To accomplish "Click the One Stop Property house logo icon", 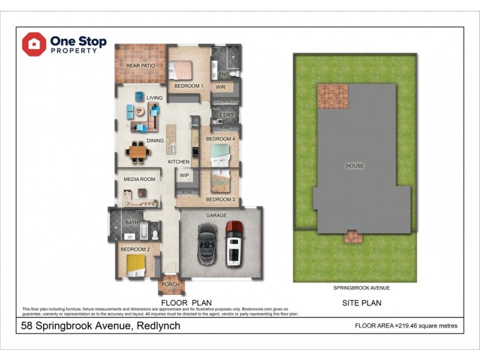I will click(34, 44).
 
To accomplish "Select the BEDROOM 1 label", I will click(188, 86).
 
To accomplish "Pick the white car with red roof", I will click(234, 244).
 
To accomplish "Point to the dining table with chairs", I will click(139, 152).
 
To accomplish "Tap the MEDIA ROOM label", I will click(139, 179).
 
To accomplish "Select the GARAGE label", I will click(217, 215).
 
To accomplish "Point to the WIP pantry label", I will click(184, 176).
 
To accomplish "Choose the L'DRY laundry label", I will click(226, 115).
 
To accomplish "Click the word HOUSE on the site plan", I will click(355, 166).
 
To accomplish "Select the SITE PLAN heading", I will click(362, 303).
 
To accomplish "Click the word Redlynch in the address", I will click(158, 326).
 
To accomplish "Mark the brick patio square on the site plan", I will click(332, 96).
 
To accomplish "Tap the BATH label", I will click(132, 223).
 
